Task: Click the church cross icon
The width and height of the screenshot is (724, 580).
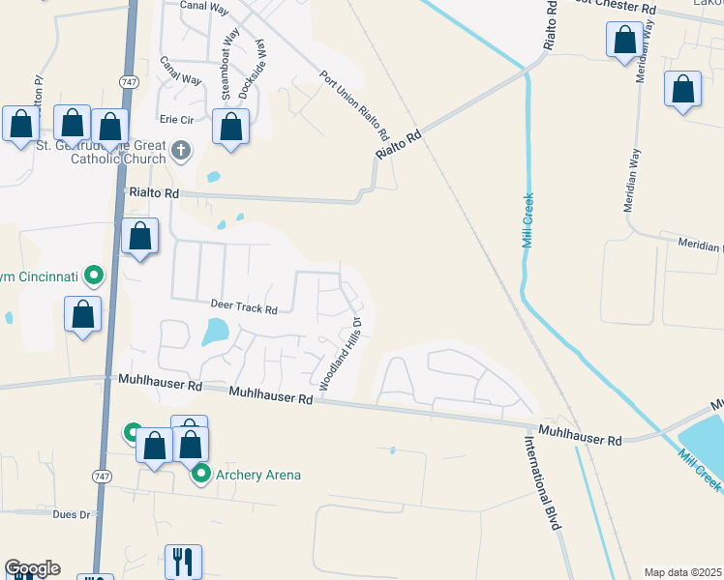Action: coord(181,150)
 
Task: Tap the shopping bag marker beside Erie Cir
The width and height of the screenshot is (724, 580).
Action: coord(230,128)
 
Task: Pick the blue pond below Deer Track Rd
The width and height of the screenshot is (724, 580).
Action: coord(215,333)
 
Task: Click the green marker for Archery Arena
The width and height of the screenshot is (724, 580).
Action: coord(201,474)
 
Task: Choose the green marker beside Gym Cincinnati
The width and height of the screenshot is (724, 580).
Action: coord(94,276)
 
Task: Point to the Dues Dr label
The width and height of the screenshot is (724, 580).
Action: coord(72,515)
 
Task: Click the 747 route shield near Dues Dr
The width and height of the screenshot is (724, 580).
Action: coord(102,476)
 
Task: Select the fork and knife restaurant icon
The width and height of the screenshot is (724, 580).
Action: coord(182,561)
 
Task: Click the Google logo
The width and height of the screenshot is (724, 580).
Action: coord(32,568)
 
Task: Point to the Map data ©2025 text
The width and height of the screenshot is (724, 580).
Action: coord(681,572)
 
